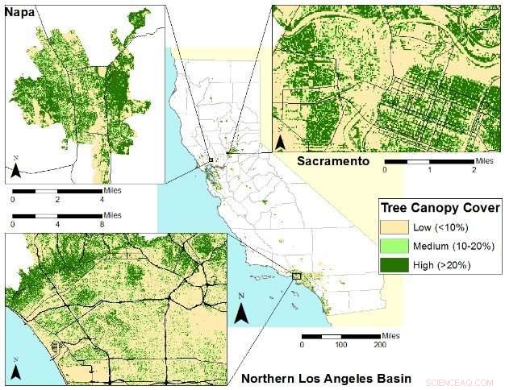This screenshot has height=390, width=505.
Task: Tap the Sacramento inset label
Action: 332,161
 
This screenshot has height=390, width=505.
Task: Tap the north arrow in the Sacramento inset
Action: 280,143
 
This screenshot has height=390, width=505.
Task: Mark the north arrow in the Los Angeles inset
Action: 16,370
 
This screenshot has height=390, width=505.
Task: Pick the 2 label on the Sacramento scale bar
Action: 474,171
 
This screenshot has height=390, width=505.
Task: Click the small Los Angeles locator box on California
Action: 296,276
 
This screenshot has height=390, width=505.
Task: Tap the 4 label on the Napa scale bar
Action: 101,198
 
